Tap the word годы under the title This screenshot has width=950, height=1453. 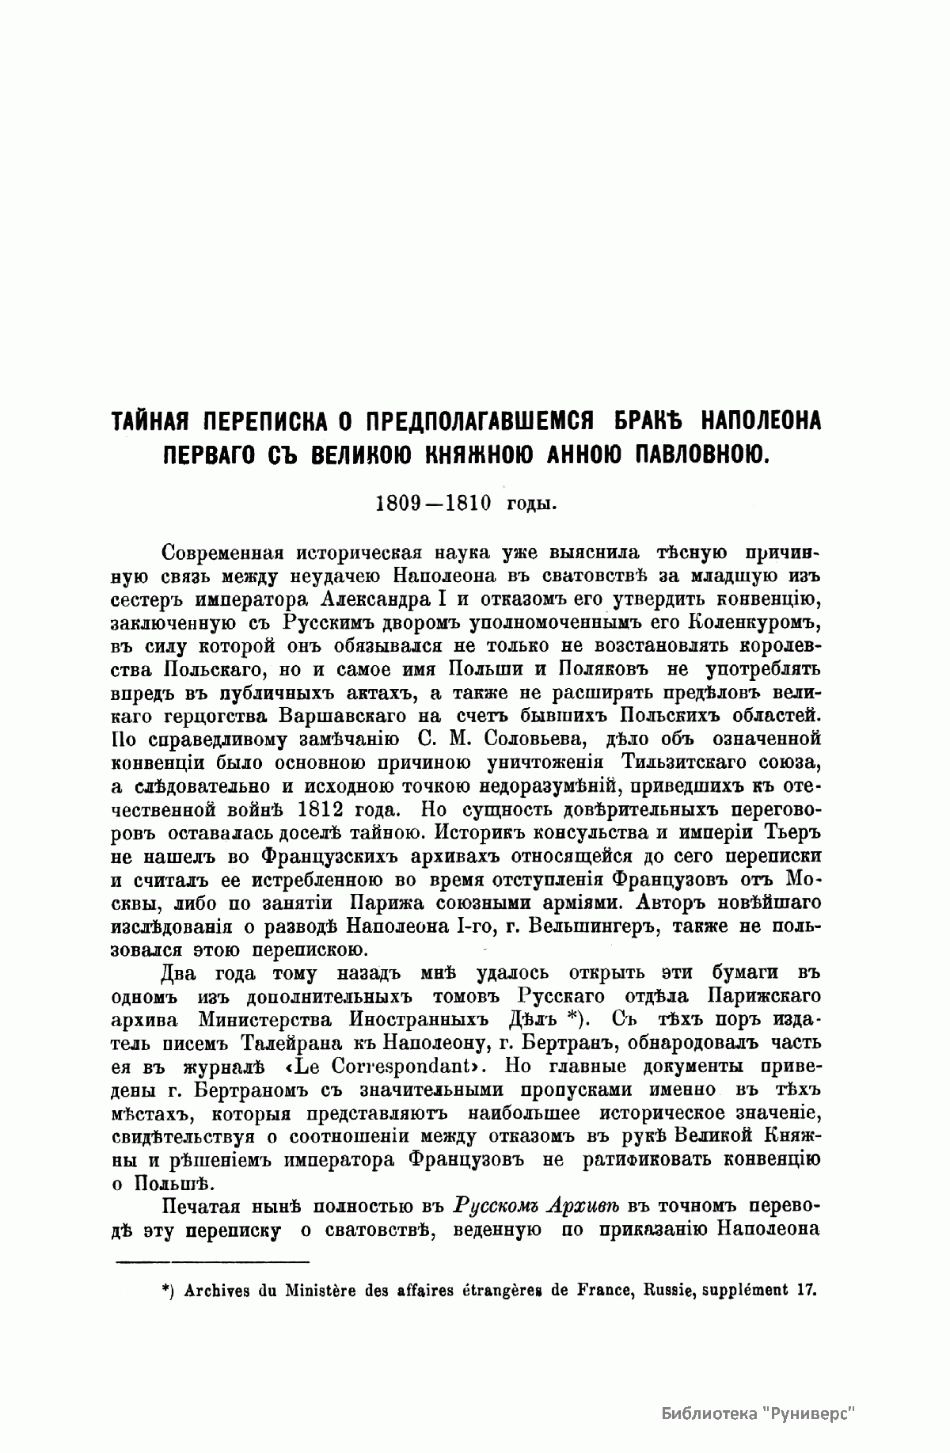532,504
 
